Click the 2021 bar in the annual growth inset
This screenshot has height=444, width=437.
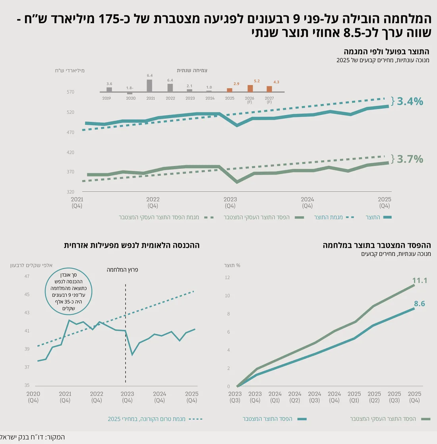click(149, 85)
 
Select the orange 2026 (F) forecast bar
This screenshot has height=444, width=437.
click(250, 88)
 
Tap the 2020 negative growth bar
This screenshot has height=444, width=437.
click(130, 93)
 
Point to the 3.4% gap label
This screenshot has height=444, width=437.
click(410, 101)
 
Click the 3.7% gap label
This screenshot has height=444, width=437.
click(410, 159)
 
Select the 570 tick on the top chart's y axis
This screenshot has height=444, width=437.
click(70, 92)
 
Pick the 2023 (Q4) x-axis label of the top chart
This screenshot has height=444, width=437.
click(230, 202)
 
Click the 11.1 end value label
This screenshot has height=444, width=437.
click(420, 280)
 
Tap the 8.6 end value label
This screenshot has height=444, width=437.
click(420, 304)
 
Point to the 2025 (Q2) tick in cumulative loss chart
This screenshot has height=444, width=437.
click(374, 397)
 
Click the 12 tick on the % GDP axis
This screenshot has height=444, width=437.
click(227, 277)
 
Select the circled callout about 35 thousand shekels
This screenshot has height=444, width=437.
click(68, 291)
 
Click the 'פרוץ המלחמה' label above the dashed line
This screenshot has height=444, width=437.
click(122, 270)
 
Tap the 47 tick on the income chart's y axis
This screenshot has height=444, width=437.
click(27, 276)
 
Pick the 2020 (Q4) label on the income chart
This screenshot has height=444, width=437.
click(33, 397)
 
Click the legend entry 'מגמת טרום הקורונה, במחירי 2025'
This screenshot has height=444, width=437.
click(155, 419)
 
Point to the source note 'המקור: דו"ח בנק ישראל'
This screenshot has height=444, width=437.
click(32, 437)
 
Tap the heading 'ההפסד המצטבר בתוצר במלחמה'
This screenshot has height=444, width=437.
click(377, 245)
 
